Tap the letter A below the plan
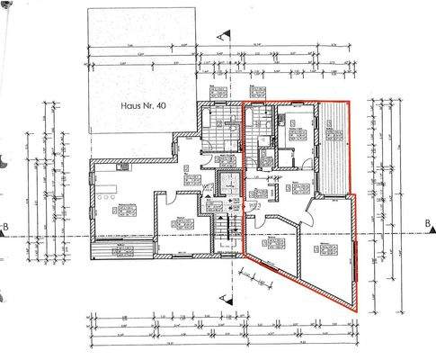pyautogui.click(x=221, y=294)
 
